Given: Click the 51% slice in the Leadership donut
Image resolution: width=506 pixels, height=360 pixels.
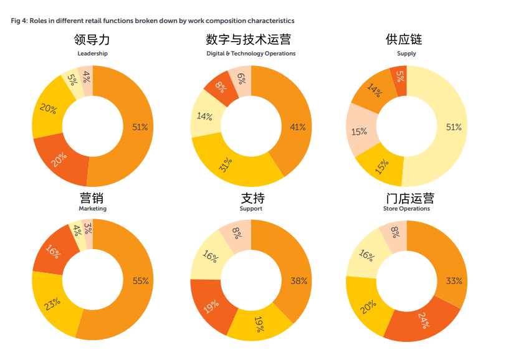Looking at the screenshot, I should [138, 127].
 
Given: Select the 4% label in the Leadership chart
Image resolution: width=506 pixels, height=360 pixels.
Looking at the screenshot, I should [86, 78].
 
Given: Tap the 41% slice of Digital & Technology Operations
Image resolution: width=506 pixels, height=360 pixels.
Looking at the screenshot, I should [297, 127].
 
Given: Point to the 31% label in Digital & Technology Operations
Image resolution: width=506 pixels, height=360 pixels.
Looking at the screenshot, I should [225, 166].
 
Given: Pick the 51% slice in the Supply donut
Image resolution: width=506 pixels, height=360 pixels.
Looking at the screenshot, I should [453, 127].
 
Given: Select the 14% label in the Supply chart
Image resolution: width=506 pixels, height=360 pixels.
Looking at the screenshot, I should [375, 92].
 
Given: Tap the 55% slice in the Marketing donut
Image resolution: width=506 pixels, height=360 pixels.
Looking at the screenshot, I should [140, 281].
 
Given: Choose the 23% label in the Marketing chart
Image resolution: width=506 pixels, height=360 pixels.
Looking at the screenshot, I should [53, 303].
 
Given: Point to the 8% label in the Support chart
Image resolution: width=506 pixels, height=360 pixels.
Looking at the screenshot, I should [237, 233].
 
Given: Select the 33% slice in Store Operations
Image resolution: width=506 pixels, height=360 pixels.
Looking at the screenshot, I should [452, 280].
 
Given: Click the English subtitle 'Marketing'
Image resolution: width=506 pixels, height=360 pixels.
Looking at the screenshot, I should [92, 209].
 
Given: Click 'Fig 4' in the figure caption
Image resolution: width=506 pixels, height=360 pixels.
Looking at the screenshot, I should [19, 21].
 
